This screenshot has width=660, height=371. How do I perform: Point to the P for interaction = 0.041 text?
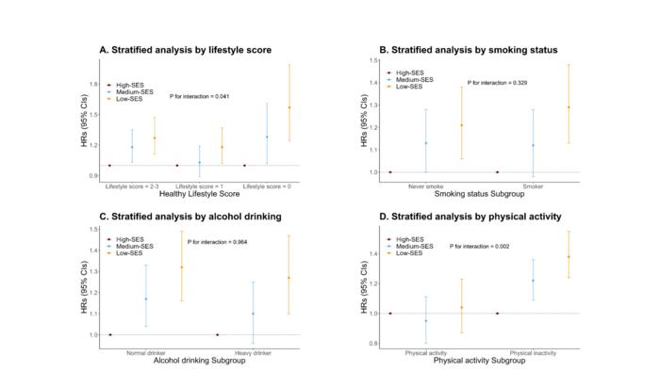click(x=200, y=96)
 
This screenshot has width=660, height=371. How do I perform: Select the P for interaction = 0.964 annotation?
click(x=218, y=246)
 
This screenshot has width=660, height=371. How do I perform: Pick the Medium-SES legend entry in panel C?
click(x=132, y=246)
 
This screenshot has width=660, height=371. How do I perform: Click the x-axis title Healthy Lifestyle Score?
click(x=174, y=194)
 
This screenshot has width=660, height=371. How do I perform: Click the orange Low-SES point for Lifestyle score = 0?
click(x=289, y=107)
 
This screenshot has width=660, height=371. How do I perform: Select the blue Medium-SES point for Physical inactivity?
click(x=532, y=281)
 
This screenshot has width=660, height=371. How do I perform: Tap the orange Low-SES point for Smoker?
click(x=569, y=107)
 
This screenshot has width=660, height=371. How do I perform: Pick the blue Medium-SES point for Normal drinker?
click(x=145, y=299)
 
